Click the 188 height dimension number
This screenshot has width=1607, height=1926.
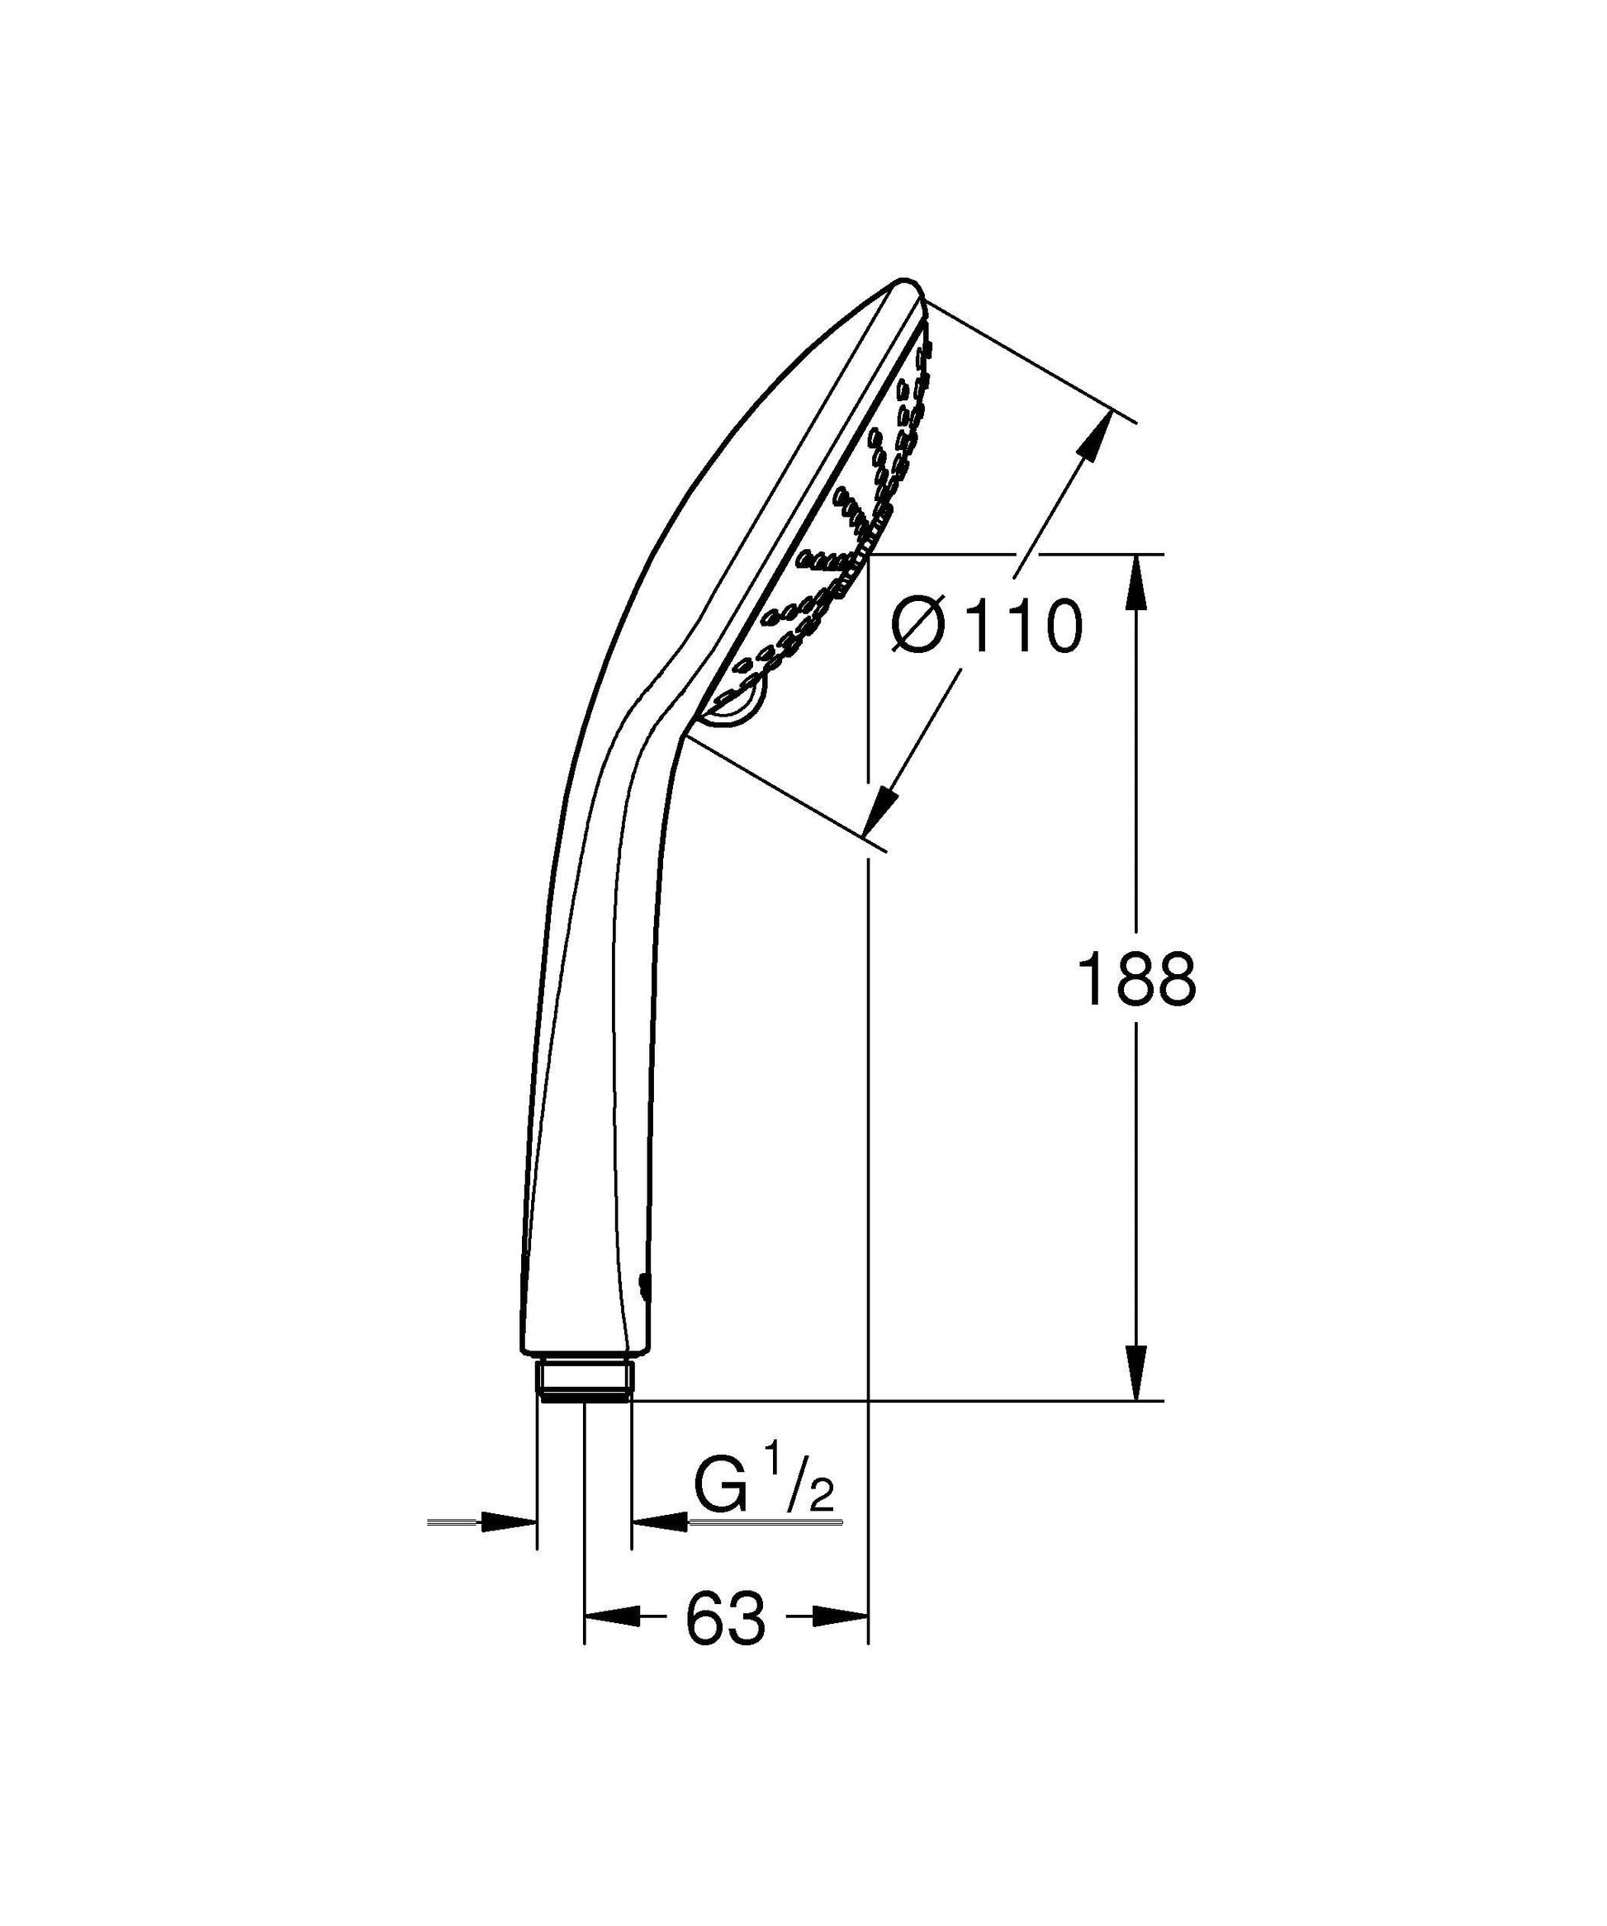pos(1136,978)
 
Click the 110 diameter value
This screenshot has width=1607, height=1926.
pos(1024,627)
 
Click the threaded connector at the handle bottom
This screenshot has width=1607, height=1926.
pos(585,1403)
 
